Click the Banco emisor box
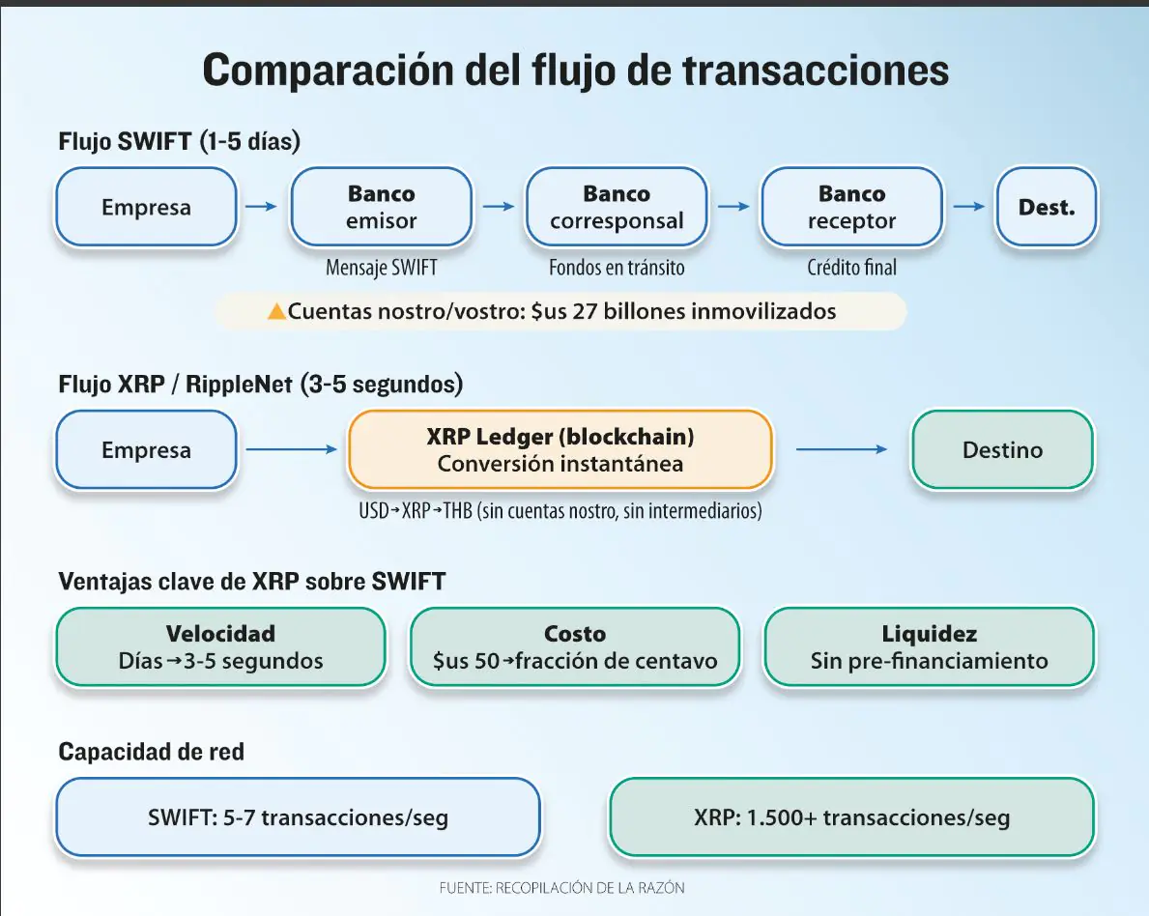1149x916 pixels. coord(381,208)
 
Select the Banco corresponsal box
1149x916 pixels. coord(617,208)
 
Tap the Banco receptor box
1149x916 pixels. coord(851,208)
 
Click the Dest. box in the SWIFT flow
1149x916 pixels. coord(1046,208)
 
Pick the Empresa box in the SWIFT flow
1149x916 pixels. coord(146,208)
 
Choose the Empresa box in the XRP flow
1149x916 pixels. coord(146,450)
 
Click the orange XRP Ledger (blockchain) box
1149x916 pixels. coord(560,450)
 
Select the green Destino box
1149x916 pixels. coord(1002,450)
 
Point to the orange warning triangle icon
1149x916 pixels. coord(276,312)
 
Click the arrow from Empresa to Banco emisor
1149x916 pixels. coord(262,206)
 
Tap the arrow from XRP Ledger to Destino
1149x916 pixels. coord(841,449)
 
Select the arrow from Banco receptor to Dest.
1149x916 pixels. coord(969,206)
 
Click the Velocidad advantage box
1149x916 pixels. coord(220,647)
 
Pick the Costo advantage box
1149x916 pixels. coord(575,647)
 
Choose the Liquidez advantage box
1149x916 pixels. coord(929,647)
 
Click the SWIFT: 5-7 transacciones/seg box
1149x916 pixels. coord(298,817)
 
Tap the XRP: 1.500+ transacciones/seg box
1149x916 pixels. coord(851,817)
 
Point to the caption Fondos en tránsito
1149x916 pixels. coord(617,268)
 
